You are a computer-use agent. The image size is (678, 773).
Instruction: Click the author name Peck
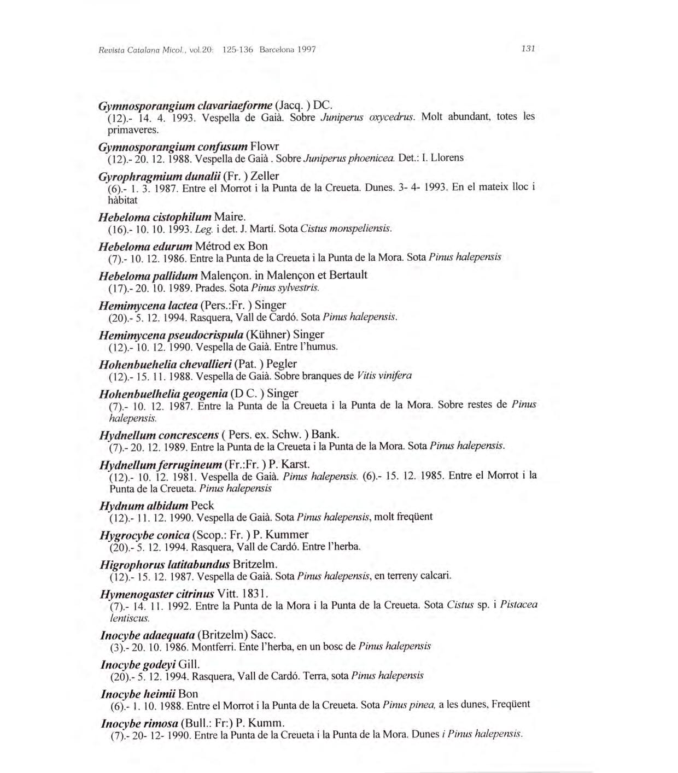pyautogui.click(x=202, y=506)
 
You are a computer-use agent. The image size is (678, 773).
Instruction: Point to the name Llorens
pyautogui.click(x=447, y=158)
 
